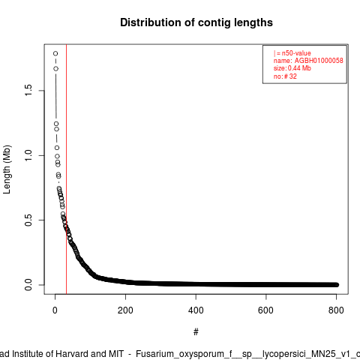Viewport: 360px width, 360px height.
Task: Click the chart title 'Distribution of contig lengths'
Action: coord(196,22)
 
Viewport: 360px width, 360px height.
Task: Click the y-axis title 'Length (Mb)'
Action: coord(7,169)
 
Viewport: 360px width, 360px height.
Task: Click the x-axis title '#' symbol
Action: coord(196,331)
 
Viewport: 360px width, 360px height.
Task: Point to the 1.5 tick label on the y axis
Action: coord(28,90)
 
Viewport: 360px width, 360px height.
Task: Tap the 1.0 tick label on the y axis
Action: coord(28,155)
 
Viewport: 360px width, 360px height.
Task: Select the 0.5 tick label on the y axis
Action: coord(28,220)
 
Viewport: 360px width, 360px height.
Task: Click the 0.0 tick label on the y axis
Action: coord(28,285)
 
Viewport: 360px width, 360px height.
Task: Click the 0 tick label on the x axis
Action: coord(55,310)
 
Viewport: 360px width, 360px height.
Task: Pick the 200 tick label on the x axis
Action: coord(125,310)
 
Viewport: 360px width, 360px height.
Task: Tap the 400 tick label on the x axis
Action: coord(196,310)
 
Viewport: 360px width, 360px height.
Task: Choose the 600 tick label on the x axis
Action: coord(265,310)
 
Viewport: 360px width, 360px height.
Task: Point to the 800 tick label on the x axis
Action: coord(336,310)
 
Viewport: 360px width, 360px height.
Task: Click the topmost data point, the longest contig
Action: coord(55,53)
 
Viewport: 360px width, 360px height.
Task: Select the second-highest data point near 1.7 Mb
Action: coord(55,68)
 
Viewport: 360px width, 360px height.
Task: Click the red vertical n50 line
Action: coord(66,169)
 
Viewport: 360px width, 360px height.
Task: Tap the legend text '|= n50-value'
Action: coord(292,53)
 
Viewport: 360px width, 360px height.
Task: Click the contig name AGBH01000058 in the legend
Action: coord(319,61)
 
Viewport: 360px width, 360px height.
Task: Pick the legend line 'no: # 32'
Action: coord(285,76)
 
